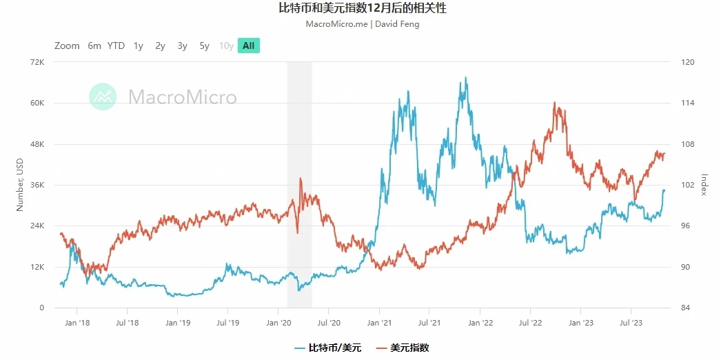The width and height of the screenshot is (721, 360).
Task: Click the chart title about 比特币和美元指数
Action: (361, 9)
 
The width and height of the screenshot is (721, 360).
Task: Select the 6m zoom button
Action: (94, 46)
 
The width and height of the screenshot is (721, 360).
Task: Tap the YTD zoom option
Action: (116, 46)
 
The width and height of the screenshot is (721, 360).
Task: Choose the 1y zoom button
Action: (139, 46)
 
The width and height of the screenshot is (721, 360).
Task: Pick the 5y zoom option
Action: (204, 46)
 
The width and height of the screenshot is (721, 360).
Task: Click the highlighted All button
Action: (248, 46)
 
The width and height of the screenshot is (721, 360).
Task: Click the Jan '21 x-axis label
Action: (380, 322)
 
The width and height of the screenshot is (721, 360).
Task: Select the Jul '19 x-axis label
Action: (228, 322)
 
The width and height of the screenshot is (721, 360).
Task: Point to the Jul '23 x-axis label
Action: (631, 322)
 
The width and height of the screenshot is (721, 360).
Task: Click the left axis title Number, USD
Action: (20, 185)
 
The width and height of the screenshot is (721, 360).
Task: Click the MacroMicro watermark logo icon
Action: (103, 97)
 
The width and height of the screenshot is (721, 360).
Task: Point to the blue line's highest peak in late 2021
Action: (466, 78)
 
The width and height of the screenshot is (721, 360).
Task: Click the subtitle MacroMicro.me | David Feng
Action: (361, 24)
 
